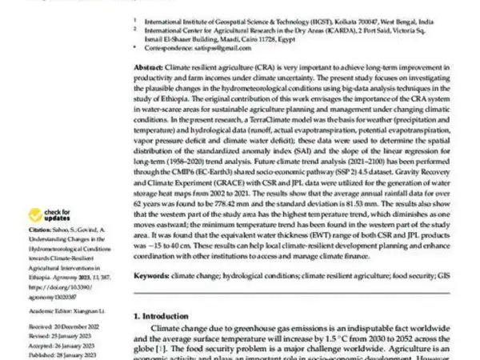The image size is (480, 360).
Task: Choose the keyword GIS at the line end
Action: point(445,275)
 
